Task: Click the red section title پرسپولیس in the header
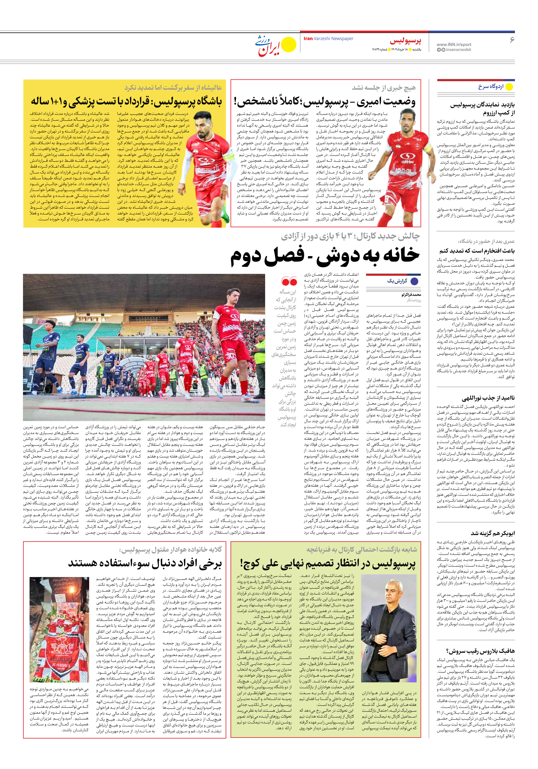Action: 405,41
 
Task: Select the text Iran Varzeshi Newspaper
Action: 328,39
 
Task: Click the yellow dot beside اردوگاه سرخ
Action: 509,87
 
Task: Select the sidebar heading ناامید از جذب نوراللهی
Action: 488,398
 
